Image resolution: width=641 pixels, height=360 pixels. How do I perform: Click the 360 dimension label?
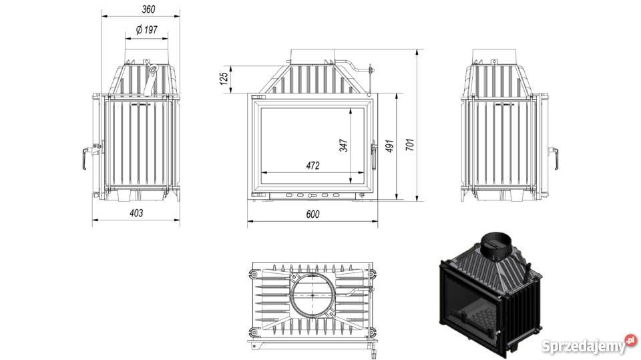(148, 9)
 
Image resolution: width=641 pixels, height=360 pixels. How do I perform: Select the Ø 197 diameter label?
(146, 29)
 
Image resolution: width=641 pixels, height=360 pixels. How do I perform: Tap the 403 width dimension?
(136, 212)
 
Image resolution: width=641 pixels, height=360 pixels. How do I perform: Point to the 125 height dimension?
(224, 79)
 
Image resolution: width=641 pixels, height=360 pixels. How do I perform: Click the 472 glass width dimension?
(312, 166)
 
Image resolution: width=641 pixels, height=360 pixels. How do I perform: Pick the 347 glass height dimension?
(344, 145)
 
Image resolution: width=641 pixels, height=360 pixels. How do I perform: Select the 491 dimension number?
(389, 146)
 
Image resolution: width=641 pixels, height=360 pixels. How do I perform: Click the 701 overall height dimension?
(410, 144)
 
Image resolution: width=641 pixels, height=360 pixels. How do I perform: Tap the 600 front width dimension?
(312, 214)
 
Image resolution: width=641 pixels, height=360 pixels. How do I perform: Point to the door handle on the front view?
(373, 155)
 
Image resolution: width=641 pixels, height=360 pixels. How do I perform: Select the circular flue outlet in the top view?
(312, 295)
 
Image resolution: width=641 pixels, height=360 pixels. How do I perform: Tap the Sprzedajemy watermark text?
(584, 347)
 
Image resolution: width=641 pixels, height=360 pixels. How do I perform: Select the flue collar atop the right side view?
(494, 55)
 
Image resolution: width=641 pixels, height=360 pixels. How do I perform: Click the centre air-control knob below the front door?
(312, 196)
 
